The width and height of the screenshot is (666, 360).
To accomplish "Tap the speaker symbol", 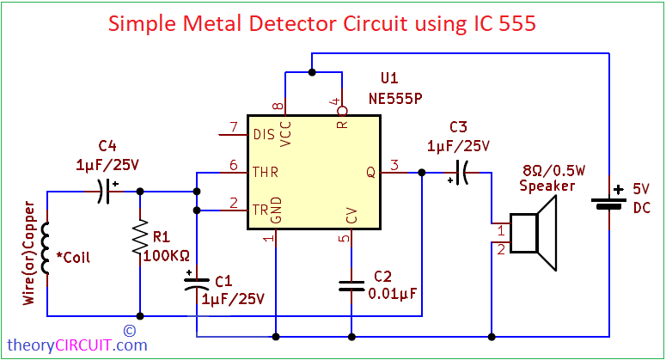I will [534, 229].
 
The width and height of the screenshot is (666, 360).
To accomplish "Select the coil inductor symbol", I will [47, 248].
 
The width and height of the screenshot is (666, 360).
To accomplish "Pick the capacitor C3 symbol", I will [461, 173].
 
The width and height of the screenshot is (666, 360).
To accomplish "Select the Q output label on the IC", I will [371, 172].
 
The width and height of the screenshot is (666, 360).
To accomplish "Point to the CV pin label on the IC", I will [349, 216].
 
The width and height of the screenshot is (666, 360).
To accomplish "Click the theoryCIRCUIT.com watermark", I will [78, 345].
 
